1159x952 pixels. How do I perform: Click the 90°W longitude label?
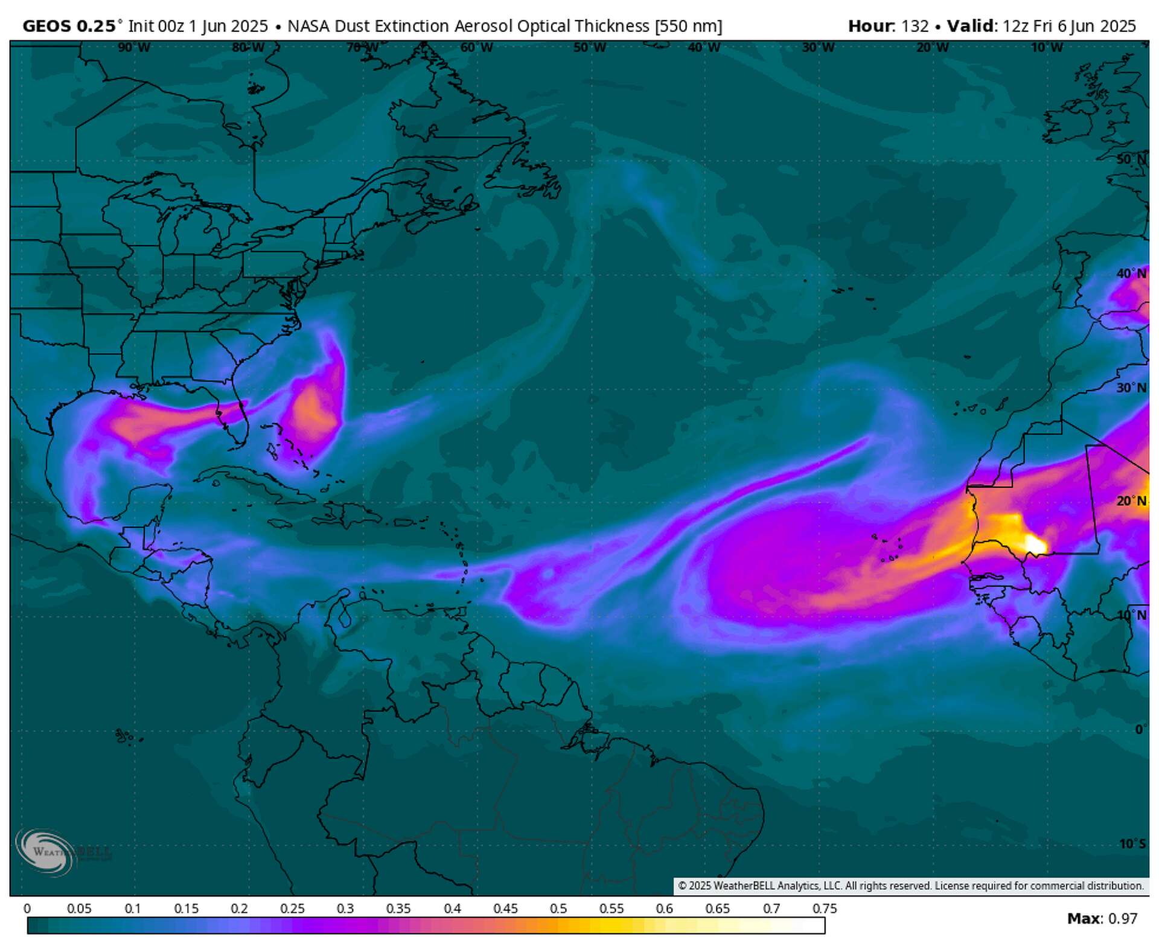134,47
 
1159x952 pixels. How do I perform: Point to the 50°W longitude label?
590,47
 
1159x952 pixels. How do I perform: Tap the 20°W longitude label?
932,47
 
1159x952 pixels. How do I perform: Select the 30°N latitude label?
1131,388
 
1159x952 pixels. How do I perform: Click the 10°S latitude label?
1132,843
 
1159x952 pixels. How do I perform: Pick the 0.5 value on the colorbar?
558,909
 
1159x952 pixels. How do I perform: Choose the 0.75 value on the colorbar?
825,909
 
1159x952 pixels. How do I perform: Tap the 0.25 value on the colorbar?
292,909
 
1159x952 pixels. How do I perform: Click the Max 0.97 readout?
1102,918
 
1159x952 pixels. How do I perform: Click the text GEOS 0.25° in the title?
69,26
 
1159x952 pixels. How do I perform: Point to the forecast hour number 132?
915,26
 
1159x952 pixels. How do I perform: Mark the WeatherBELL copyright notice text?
910,886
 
